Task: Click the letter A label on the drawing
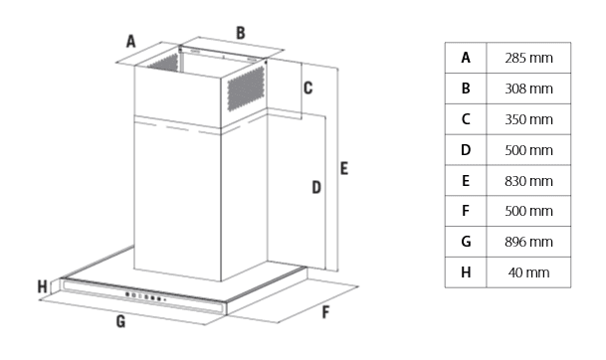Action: pos(131,42)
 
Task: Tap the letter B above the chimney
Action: pos(241,33)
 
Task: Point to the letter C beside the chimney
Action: pos(308,89)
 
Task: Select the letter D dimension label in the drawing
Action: pos(316,187)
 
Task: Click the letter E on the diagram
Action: pos(344,168)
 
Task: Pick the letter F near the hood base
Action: pos(325,312)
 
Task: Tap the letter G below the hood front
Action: pos(121,321)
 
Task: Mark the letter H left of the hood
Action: pos(43,287)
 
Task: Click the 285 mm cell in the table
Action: pos(528,58)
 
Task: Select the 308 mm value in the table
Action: pos(528,89)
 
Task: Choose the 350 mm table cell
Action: pos(528,119)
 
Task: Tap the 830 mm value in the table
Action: pos(528,181)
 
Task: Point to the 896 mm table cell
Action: pos(528,242)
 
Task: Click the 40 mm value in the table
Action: pos(528,272)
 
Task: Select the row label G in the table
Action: pos(466,242)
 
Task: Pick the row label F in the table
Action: pos(466,211)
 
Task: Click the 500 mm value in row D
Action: pos(528,150)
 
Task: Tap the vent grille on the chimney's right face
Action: pos(246,89)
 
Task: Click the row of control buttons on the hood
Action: pos(145,296)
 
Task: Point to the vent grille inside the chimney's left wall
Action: pos(164,63)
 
